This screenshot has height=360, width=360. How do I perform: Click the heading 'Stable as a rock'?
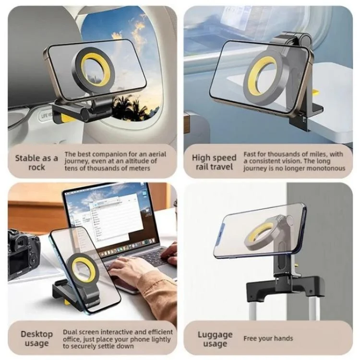point(36,163)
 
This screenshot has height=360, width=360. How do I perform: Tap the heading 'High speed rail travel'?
point(214,162)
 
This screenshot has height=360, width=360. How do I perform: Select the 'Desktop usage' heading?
point(37,338)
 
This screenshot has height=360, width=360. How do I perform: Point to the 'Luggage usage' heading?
point(215,339)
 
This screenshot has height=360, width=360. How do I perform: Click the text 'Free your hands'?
point(268,338)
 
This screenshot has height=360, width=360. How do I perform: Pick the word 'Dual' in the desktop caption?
point(69,332)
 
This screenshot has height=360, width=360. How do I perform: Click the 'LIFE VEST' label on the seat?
point(46,115)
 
